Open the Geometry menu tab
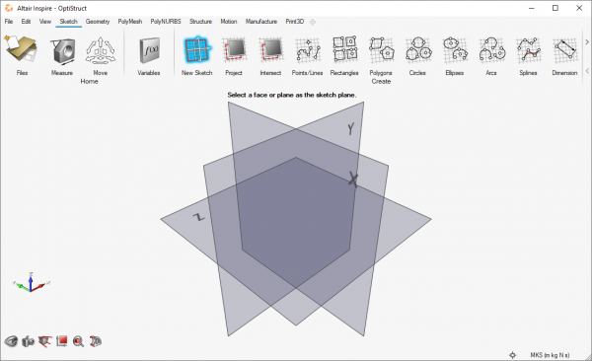tap(98, 21)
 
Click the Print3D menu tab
tap(295, 21)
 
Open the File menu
tap(9, 21)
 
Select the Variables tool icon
tap(148, 49)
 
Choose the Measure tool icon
tap(62, 49)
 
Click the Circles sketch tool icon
tap(416, 48)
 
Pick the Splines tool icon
tap(527, 48)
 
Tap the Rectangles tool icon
tap(344, 48)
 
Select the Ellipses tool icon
tap(454, 48)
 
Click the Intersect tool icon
tap(270, 48)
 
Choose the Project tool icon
tap(234, 48)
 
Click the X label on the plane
tap(352, 179)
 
